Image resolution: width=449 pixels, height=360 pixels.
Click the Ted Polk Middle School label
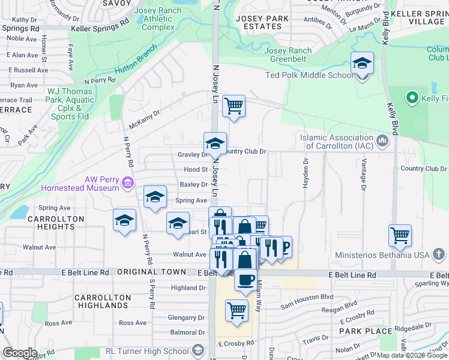[309, 75]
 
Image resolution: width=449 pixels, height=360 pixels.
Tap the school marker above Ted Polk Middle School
[362, 64]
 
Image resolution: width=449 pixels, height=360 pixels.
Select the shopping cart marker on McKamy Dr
[234, 106]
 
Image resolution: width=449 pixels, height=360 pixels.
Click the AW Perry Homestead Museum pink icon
[127, 182]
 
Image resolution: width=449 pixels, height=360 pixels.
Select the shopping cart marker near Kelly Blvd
[400, 235]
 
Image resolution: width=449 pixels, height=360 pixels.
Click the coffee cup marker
[245, 280]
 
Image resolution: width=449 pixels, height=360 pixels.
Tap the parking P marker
[285, 246]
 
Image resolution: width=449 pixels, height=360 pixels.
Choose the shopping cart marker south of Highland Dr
[237, 311]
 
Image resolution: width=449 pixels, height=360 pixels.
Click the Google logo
[19, 352]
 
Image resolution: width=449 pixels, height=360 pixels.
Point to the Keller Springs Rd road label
[100, 28]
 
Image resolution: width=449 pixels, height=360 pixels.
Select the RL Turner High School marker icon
[198, 351]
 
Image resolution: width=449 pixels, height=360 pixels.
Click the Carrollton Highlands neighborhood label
[103, 301]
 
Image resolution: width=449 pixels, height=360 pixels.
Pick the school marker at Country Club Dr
[215, 143]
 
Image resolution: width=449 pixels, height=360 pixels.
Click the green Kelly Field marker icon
[412, 97]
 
